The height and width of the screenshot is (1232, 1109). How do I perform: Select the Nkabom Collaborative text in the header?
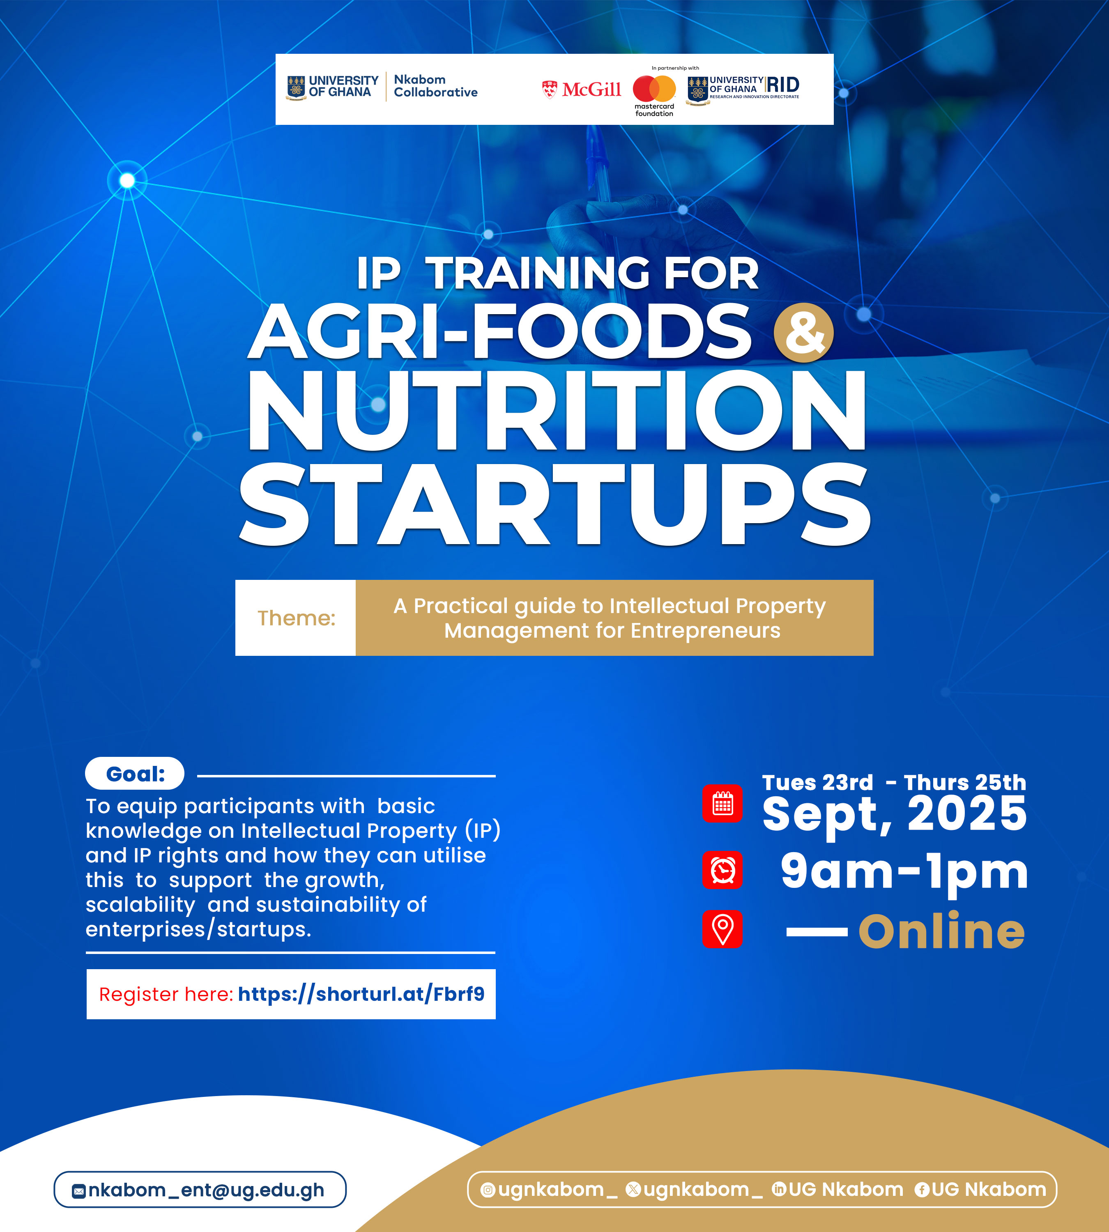(x=435, y=86)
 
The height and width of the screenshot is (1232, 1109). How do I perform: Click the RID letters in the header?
(x=783, y=85)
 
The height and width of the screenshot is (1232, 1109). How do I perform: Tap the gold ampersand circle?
(x=804, y=333)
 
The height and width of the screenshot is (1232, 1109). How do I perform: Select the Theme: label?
(x=296, y=618)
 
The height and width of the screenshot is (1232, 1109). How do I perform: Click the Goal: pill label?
(x=135, y=774)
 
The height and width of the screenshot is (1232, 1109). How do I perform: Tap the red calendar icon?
(x=722, y=803)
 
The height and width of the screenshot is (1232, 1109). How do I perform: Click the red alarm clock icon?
(x=722, y=870)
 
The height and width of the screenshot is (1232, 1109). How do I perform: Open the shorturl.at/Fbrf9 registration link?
(x=361, y=994)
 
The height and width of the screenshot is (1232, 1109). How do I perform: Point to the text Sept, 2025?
(x=895, y=815)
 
